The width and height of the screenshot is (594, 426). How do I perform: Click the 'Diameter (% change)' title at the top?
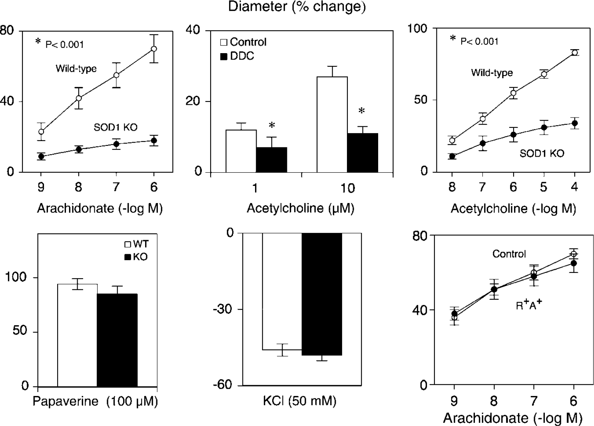click(297, 7)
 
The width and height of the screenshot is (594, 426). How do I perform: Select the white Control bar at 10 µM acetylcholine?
click(332, 124)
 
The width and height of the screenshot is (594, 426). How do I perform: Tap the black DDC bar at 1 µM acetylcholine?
click(271, 159)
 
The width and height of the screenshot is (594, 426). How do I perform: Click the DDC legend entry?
click(237, 56)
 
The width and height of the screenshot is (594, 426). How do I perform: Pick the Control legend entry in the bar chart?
click(243, 42)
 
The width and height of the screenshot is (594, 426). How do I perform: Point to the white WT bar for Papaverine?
click(78, 335)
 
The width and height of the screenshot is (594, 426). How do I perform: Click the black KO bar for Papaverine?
click(117, 340)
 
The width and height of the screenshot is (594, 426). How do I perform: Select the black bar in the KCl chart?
click(322, 294)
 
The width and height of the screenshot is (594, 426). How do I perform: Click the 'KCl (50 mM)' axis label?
click(300, 401)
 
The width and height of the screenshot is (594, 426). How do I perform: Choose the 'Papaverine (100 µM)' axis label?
click(95, 401)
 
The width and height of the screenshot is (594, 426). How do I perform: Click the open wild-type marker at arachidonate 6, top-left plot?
click(154, 49)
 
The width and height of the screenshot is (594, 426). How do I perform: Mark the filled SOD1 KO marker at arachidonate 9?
click(41, 156)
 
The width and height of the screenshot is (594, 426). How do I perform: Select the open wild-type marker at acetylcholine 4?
click(574, 52)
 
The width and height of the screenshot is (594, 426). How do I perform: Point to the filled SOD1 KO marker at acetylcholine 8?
click(452, 156)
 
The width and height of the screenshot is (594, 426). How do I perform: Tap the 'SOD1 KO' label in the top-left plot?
click(116, 127)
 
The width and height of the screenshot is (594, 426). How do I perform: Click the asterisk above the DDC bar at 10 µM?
click(362, 111)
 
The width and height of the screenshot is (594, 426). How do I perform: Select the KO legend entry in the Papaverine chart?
click(136, 257)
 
